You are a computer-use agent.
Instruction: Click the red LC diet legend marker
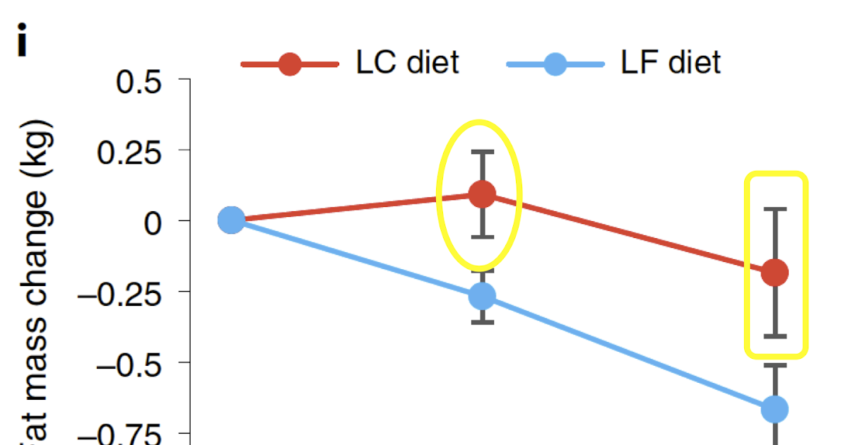290,64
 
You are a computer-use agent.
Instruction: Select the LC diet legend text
408,63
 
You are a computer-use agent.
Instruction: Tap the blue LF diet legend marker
555,64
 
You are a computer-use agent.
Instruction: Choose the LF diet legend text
671,63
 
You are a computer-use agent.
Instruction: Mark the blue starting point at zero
231,220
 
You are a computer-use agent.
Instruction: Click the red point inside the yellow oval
483,194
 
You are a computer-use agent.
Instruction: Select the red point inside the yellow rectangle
775,272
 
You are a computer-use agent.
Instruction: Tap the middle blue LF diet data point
483,296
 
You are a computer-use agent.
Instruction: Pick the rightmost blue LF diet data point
775,408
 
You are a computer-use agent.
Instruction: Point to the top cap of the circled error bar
483,151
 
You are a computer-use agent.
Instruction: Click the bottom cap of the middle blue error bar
483,322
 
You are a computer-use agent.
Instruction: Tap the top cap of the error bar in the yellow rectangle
775,209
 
